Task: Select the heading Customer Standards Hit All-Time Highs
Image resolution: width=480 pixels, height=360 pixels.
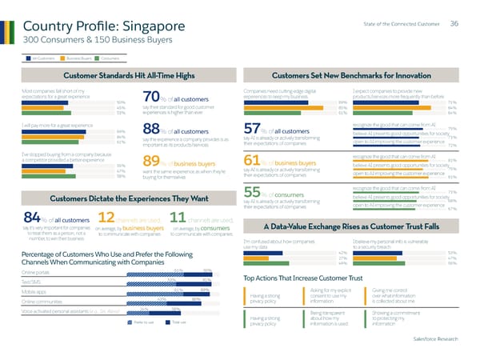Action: pos(129,74)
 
